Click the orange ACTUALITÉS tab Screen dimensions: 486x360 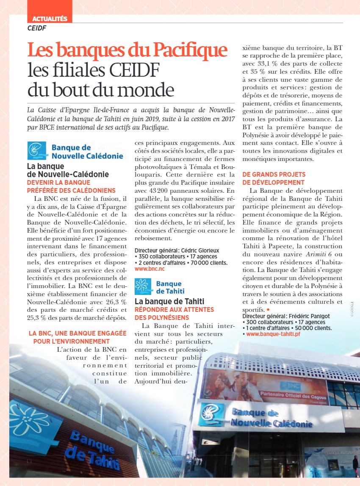pyautogui.click(x=50, y=19)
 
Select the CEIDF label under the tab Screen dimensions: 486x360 pyautogui.click(x=36, y=28)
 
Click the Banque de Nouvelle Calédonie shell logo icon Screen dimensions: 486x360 pyautogui.click(x=37, y=150)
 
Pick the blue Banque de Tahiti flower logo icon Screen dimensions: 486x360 pyautogui.click(x=144, y=286)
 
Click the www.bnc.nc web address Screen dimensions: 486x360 pyautogui.click(x=150, y=269)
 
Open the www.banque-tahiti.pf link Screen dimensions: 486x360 pyautogui.click(x=273, y=334)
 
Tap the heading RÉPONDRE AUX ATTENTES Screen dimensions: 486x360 pyautogui.click(x=174, y=310)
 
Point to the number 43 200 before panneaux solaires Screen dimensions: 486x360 pyautogui.click(x=145, y=191)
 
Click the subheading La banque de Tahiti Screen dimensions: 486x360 pyautogui.click(x=169, y=301)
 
